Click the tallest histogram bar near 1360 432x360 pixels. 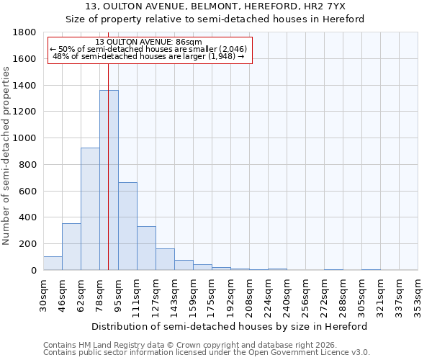click(x=109, y=180)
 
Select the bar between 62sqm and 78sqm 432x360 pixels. click(x=90, y=209)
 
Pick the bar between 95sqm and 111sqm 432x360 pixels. click(x=127, y=226)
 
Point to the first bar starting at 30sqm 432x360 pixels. click(x=53, y=264)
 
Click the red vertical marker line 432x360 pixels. click(x=108, y=144)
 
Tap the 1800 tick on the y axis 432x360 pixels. click(x=25, y=32)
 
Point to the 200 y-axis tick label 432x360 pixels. click(x=28, y=244)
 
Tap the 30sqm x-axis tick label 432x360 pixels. click(x=44, y=295)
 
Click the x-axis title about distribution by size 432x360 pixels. click(x=230, y=326)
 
